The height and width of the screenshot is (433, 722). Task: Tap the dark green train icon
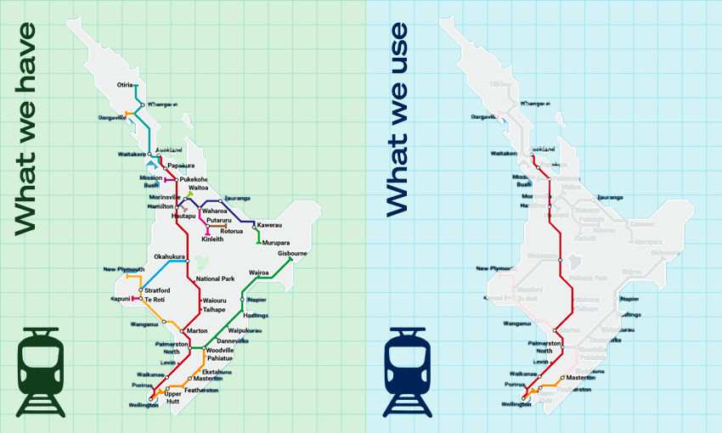(x=41, y=372)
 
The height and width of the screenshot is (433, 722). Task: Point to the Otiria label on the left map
(x=125, y=86)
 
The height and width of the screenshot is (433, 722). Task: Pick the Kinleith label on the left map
(x=212, y=239)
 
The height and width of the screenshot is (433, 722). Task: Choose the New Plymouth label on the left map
(x=124, y=269)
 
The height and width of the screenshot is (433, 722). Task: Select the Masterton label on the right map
(x=582, y=377)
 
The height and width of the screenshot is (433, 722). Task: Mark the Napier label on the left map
(x=257, y=299)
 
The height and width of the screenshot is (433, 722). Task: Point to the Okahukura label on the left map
(x=169, y=256)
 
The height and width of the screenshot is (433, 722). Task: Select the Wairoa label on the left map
(x=259, y=273)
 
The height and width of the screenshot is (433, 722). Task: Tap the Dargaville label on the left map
(x=111, y=117)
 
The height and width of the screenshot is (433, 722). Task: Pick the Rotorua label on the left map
(x=232, y=231)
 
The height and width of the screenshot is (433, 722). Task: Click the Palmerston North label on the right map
(x=545, y=347)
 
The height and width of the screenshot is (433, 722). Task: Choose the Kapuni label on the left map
(x=120, y=299)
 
